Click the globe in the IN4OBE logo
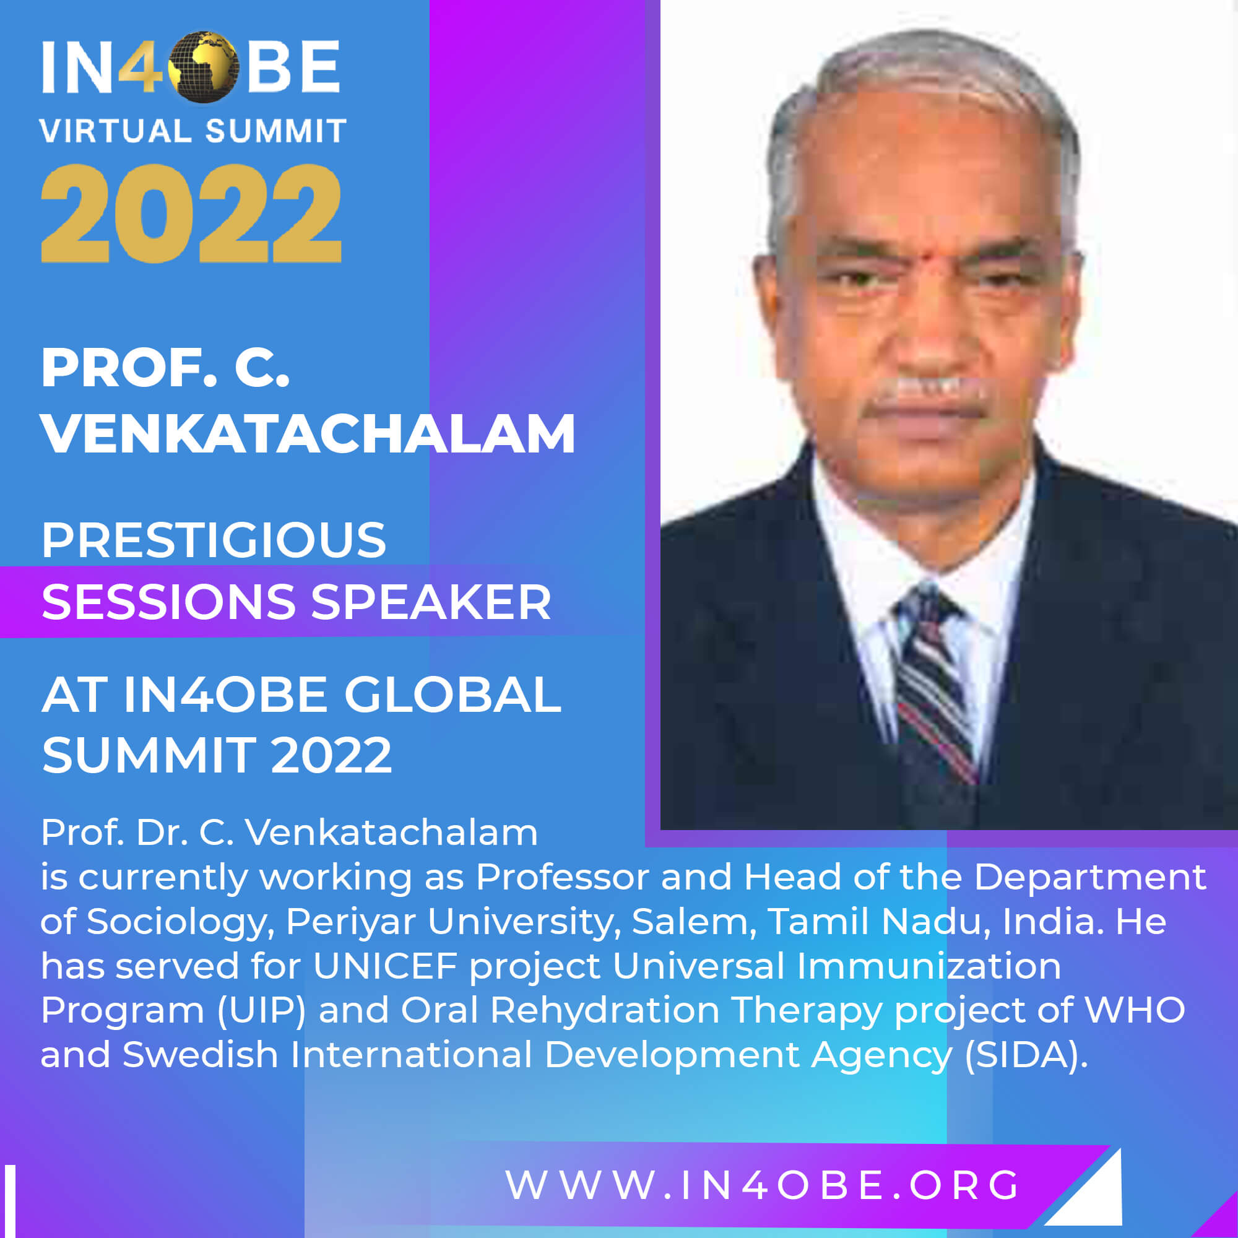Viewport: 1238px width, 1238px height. [x=204, y=67]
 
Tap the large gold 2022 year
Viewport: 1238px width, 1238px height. [x=191, y=214]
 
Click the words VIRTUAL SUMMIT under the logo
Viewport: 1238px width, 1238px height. [x=193, y=131]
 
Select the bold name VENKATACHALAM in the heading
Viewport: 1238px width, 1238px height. [x=308, y=434]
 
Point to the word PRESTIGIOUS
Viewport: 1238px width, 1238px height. [x=214, y=540]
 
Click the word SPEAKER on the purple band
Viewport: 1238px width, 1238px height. [x=431, y=602]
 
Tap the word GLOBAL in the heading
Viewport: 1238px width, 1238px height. [x=452, y=695]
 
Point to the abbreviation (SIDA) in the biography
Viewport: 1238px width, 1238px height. [x=1026, y=1055]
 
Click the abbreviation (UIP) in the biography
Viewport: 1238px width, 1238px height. [x=261, y=1011]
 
